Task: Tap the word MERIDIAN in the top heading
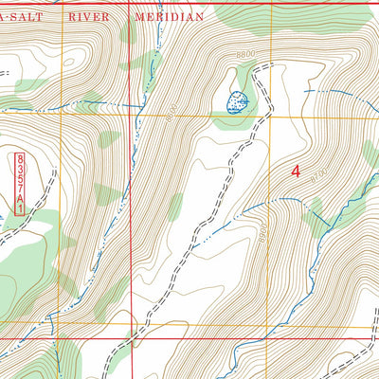[168, 17]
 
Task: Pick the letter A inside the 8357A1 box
[19, 196]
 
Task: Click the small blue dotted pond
[236, 99]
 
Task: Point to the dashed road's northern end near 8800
[269, 65]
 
